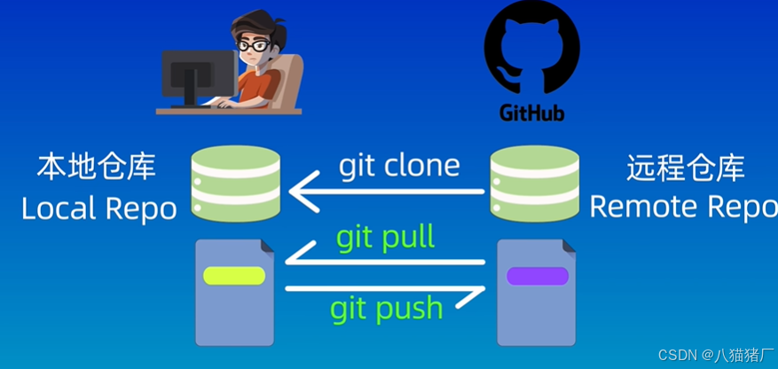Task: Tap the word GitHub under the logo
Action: click(531, 113)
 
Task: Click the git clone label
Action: click(399, 166)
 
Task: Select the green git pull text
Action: click(385, 237)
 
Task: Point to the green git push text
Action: click(386, 308)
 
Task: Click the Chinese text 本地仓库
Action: click(97, 167)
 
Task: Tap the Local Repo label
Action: click(98, 208)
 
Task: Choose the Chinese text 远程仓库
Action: click(685, 167)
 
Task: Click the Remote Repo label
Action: click(683, 207)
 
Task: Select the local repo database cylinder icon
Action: click(236, 184)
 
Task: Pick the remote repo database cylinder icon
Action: click(535, 184)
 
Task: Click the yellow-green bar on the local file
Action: click(234, 275)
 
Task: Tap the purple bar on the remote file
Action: click(537, 276)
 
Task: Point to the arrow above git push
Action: click(386, 287)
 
